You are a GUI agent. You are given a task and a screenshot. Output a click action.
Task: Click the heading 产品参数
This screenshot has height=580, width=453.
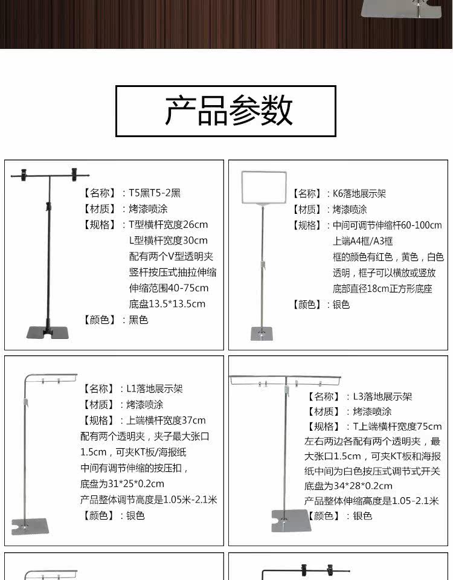pos(226,111)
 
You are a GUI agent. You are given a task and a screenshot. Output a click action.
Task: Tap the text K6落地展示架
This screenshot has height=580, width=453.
pos(359,194)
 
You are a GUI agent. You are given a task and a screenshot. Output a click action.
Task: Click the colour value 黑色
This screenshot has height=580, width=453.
pos(138,320)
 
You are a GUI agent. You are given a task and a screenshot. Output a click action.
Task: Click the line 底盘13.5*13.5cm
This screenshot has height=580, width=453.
pos(167,304)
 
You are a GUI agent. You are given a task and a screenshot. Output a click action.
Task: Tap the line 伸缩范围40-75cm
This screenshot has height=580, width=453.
pos(169,288)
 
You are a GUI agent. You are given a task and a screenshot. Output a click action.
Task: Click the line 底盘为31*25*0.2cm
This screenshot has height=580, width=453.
pos(122,483)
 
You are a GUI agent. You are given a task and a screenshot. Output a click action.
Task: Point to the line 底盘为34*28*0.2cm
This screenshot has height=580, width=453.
pos(349,486)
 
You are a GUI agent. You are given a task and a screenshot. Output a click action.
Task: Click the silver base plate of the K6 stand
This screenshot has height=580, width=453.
pos(262,333)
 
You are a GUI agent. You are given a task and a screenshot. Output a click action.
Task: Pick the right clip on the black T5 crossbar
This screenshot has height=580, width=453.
pos(75,173)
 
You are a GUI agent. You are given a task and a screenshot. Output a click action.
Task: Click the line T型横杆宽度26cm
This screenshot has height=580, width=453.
pos(169,225)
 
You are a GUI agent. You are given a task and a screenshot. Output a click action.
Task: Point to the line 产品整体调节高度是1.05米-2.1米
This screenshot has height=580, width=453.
pos(149,500)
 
